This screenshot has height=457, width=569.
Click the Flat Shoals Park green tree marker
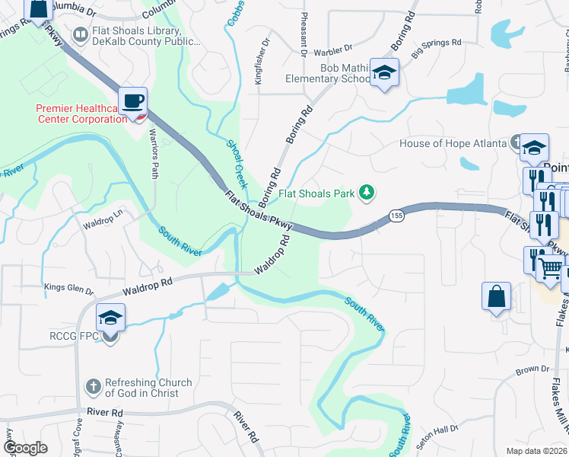click(x=367, y=193)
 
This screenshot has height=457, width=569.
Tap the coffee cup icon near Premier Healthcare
click(x=132, y=101)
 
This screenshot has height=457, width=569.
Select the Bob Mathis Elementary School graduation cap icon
click(x=384, y=73)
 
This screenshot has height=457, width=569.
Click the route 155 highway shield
click(x=396, y=215)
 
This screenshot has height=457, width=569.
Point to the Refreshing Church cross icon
click(x=94, y=388)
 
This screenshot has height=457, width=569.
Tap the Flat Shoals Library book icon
click(x=80, y=35)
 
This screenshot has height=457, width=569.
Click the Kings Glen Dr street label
click(x=68, y=290)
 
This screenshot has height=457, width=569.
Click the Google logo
click(x=26, y=447)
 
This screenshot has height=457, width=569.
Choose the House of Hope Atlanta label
click(x=453, y=143)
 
